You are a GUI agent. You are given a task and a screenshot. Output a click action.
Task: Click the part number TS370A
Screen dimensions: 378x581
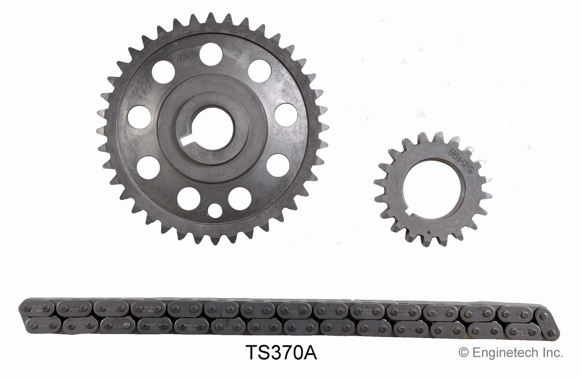pyautogui.click(x=281, y=352)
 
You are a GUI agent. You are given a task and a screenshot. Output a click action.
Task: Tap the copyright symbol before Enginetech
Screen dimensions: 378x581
pyautogui.click(x=463, y=352)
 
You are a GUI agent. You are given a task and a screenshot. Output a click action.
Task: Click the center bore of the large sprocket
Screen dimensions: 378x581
pyautogui.click(x=212, y=129)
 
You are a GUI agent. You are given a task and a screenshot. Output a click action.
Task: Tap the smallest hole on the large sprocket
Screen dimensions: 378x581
pyautogui.click(x=215, y=210)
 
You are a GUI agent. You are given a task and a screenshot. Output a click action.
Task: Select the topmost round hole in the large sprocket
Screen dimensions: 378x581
pyautogui.click(x=211, y=54)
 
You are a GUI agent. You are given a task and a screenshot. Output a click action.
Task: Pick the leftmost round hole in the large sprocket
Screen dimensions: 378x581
pyautogui.click(x=139, y=117)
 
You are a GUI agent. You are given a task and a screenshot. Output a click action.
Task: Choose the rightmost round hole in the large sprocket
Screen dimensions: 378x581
pyautogui.click(x=286, y=114)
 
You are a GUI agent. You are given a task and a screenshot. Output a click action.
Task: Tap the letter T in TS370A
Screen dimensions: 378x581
pyautogui.click(x=251, y=352)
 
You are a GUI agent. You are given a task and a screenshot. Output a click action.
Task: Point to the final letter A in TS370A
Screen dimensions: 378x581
pyautogui.click(x=311, y=352)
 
